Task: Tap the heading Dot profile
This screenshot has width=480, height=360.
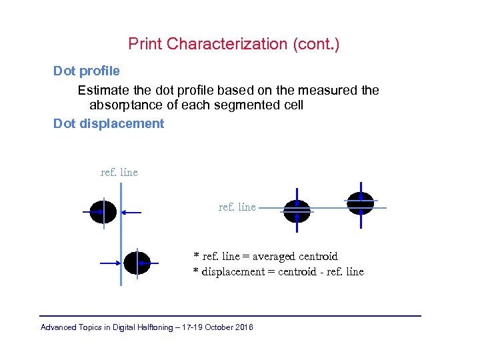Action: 87,71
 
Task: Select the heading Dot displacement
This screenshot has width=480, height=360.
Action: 109,123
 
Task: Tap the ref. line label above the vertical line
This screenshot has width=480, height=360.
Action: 119,173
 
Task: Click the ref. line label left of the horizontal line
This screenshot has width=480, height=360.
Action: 237,207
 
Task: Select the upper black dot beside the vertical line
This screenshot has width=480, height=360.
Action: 103,211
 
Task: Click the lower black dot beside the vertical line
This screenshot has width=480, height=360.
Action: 137,263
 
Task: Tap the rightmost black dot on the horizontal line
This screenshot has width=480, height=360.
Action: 361,202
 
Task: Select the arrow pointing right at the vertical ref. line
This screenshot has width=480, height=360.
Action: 109,263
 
